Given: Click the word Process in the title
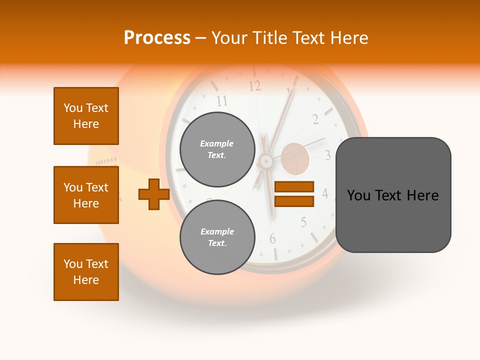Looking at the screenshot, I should click(x=157, y=38).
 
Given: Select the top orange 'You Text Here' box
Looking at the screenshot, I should click(x=86, y=116).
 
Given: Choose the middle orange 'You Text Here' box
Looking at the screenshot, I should click(x=86, y=195).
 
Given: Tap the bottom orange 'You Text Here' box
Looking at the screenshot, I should click(x=86, y=272).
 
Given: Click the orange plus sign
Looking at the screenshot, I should click(x=153, y=194).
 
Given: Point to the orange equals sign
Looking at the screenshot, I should click(x=294, y=194).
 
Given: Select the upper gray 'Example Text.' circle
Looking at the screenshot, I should click(x=217, y=149).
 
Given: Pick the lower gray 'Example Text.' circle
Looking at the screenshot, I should click(x=217, y=237).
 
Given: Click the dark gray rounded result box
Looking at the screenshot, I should click(x=393, y=195).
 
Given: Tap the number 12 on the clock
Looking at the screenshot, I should click(x=255, y=86).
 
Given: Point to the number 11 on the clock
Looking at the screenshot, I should click(x=222, y=101).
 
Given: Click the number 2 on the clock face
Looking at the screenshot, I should click(x=315, y=119).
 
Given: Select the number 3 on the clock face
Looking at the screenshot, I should click(x=327, y=155).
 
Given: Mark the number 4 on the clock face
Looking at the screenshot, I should click(x=324, y=193).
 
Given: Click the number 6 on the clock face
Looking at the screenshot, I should click(x=272, y=239).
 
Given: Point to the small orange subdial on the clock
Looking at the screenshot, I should click(x=294, y=158).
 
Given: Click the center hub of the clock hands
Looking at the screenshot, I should click(x=265, y=161).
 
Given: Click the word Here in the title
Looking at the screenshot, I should click(x=348, y=38).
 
